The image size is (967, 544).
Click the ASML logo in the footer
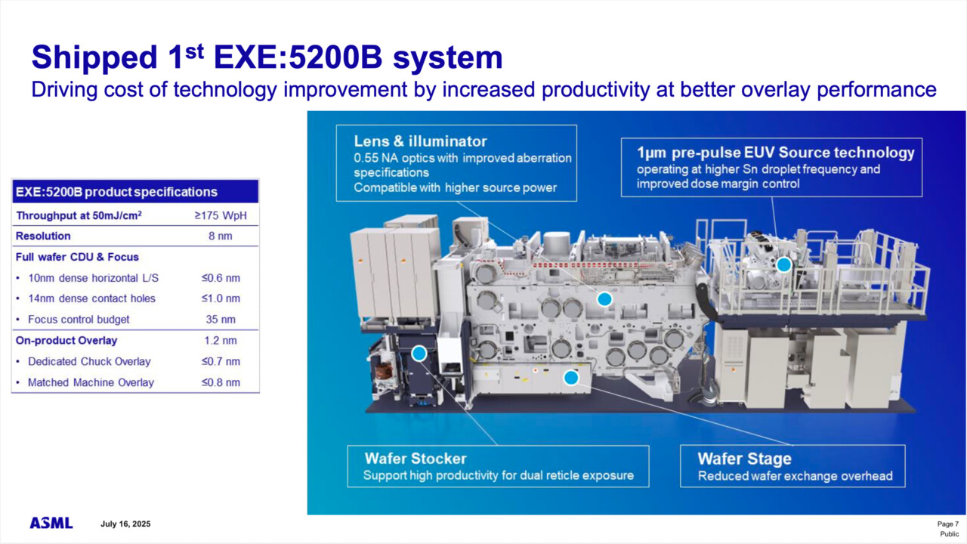click(51, 523)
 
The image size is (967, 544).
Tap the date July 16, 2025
click(125, 524)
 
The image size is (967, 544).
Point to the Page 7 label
click(947, 524)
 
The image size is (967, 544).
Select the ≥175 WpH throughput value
click(221, 215)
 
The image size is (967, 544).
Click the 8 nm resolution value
click(221, 236)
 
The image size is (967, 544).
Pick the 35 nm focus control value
click(221, 319)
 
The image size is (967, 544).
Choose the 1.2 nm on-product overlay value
click(221, 340)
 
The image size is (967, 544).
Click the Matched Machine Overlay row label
click(91, 382)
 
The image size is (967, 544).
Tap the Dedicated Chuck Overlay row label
click(89, 361)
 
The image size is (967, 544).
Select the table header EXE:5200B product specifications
click(116, 192)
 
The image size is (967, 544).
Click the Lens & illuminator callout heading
click(420, 141)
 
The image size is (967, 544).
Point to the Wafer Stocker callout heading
click(416, 459)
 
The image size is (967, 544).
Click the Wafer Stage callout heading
click(744, 459)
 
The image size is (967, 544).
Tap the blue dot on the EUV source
click(784, 264)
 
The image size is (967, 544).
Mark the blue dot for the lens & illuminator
click(604, 299)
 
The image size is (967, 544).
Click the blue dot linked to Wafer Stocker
click(419, 353)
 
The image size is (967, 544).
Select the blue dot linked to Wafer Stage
click(571, 377)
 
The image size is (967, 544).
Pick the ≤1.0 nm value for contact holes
click(221, 298)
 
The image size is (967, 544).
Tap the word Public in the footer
click(949, 534)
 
